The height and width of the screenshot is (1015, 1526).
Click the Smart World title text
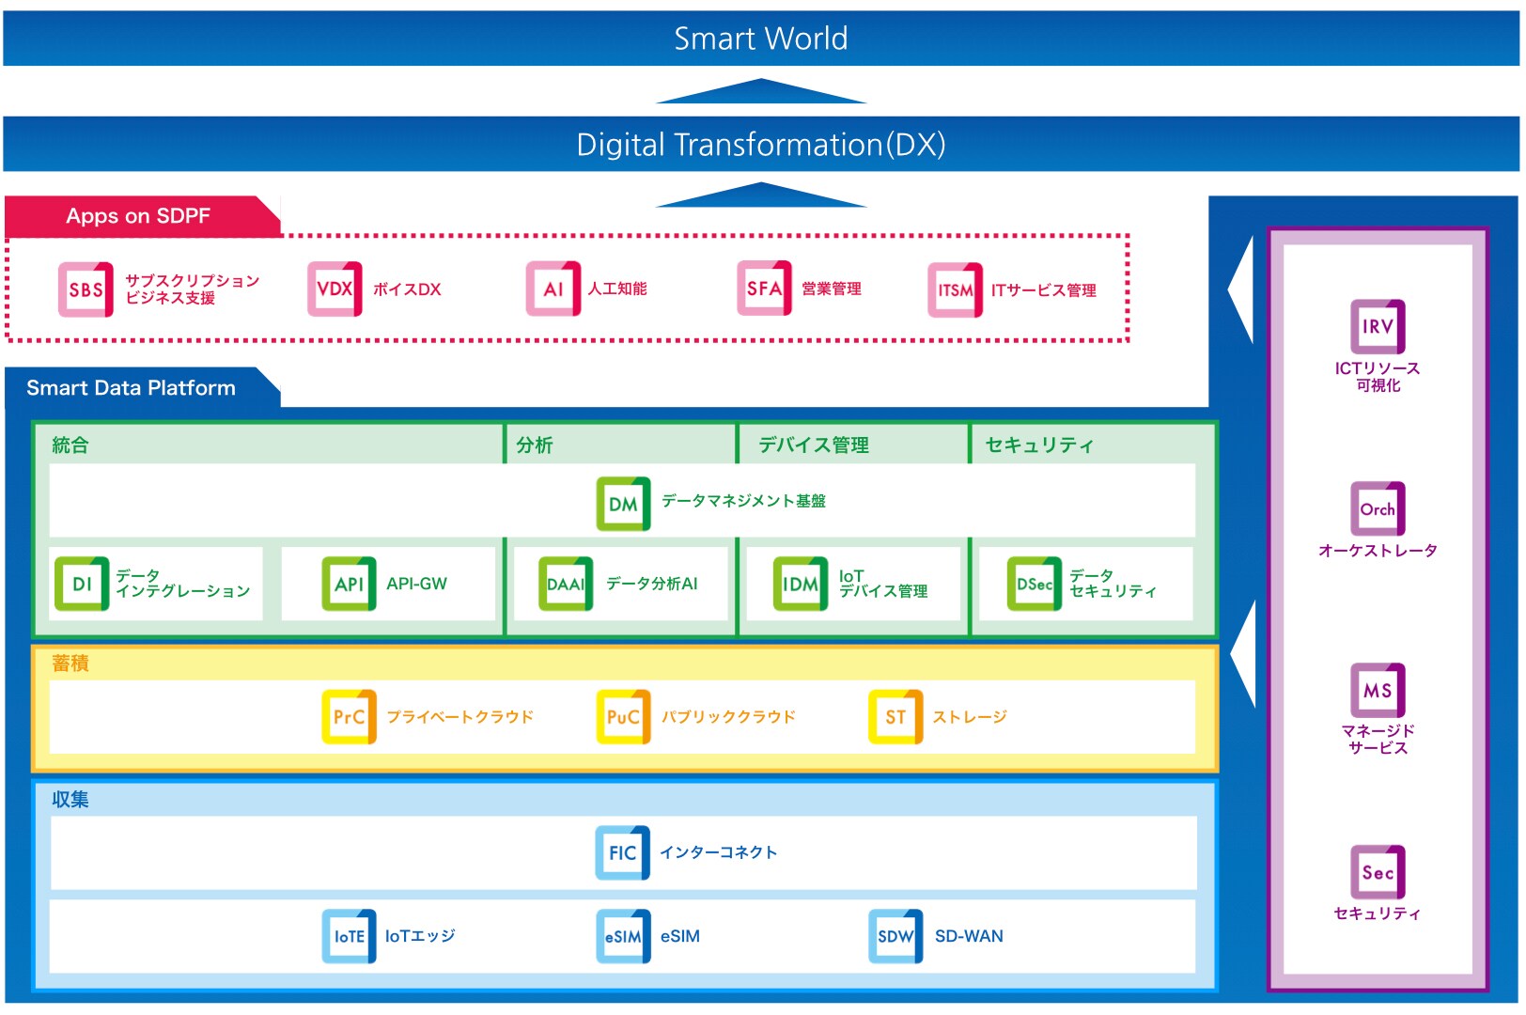760,39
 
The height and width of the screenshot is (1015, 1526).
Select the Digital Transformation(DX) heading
760,145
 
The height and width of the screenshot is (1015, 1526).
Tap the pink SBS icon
86,289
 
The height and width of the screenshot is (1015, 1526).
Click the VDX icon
335,289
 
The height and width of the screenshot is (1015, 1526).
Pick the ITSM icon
955,290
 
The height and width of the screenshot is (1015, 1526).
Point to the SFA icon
764,289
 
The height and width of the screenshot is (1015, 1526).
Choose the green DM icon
623,504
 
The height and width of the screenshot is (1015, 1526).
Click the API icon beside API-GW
349,584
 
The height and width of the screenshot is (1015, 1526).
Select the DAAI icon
566,584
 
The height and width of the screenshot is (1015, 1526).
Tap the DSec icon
1034,584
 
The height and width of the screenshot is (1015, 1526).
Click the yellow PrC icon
349,717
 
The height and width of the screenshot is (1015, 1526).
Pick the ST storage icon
895,717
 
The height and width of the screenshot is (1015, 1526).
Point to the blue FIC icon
622,852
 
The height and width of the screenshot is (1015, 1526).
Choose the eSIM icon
623,936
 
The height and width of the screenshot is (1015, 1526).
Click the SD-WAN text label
969,936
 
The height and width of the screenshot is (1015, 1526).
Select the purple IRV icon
1378,326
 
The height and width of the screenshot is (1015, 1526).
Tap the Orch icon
1378,508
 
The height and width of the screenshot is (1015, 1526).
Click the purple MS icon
1378,691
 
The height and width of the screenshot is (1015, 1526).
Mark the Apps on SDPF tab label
138,216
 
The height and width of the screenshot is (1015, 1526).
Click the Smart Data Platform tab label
131,388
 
